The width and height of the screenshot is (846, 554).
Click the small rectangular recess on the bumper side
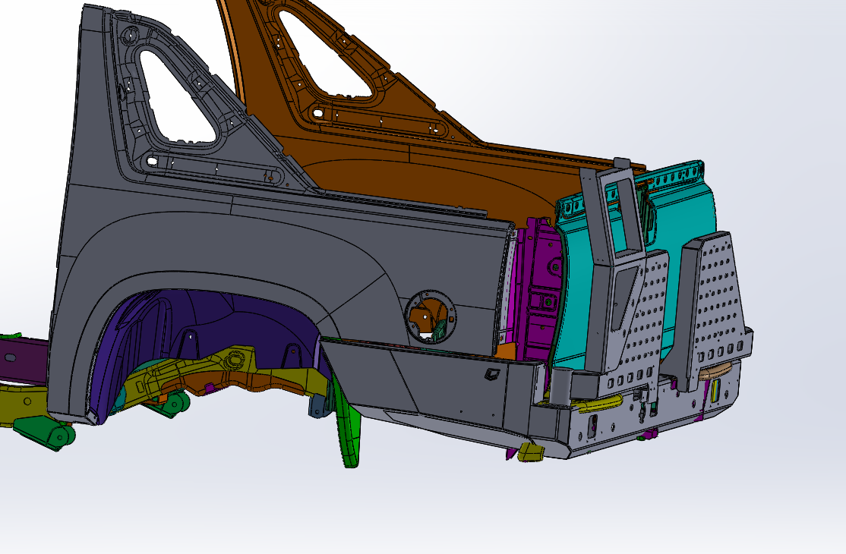(491, 373)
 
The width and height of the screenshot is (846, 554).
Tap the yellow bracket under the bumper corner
(532, 452)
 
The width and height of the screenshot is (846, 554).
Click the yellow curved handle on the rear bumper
(604, 401)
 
